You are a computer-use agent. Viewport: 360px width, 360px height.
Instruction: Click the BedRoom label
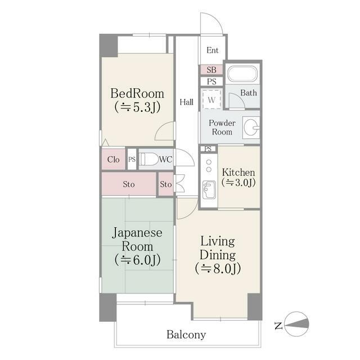click(137, 93)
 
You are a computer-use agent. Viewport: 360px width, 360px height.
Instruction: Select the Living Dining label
click(218, 247)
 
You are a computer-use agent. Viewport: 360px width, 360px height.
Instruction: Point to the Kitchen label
click(238, 172)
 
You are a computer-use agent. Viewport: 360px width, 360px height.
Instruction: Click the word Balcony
click(186, 335)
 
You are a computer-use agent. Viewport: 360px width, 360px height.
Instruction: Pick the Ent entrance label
click(212, 51)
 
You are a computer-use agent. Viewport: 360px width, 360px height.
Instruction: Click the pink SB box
click(211, 70)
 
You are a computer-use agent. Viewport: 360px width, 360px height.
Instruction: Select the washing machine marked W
click(211, 100)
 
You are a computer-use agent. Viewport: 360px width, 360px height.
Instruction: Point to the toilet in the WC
click(150, 159)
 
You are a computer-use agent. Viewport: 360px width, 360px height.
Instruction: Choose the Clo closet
click(114, 160)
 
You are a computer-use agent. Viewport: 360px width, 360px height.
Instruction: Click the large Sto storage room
click(128, 184)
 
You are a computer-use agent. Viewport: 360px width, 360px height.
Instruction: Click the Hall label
click(187, 102)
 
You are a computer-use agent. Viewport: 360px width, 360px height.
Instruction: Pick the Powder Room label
click(222, 127)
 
